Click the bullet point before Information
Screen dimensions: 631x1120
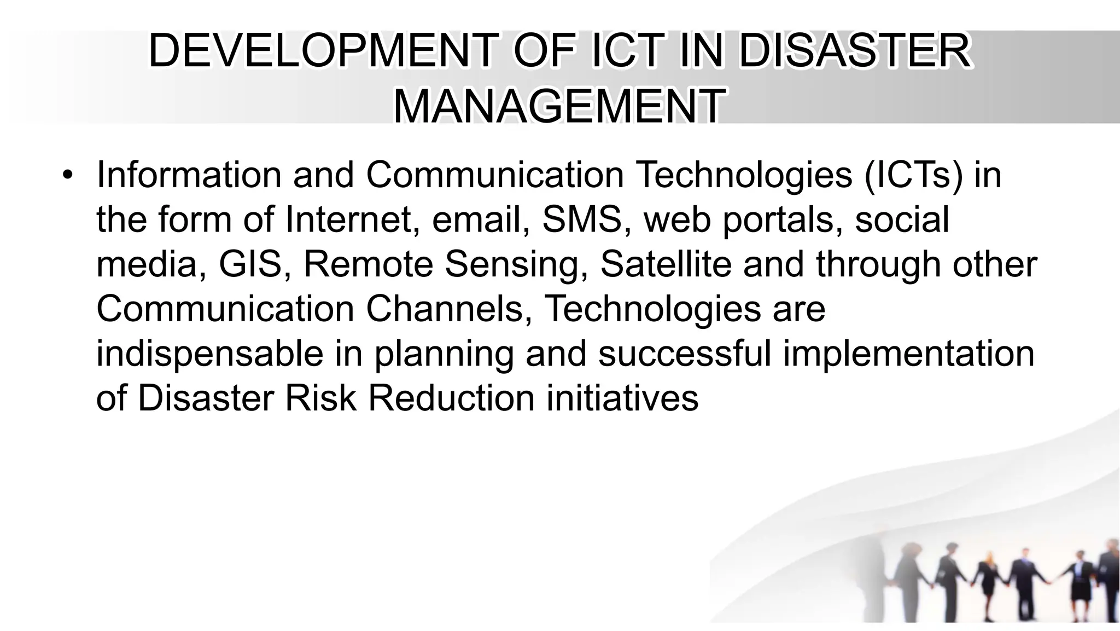coord(67,175)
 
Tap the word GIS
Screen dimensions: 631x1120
coord(250,264)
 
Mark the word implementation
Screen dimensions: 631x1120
coord(908,354)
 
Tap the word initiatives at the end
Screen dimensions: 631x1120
coord(622,398)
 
